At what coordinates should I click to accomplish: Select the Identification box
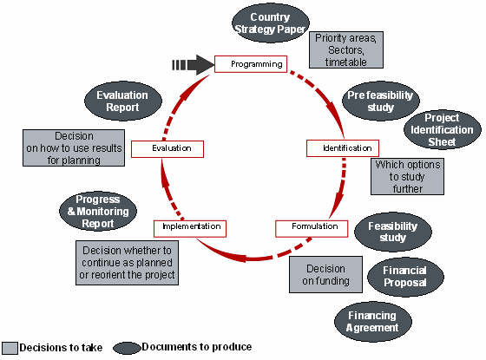pyautogui.click(x=342, y=148)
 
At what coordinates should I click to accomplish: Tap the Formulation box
pyautogui.click(x=312, y=228)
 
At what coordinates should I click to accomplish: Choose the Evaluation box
pyautogui.click(x=167, y=148)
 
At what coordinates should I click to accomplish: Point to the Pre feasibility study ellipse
pyautogui.click(x=381, y=101)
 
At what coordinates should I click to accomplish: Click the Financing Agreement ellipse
pyautogui.click(x=373, y=322)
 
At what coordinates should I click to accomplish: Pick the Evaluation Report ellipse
pyautogui.click(x=122, y=101)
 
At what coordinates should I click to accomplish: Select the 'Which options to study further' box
pyautogui.click(x=408, y=177)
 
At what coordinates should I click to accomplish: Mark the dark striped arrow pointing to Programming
pyautogui.click(x=192, y=64)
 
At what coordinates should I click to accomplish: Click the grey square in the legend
pyautogui.click(x=9, y=348)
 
